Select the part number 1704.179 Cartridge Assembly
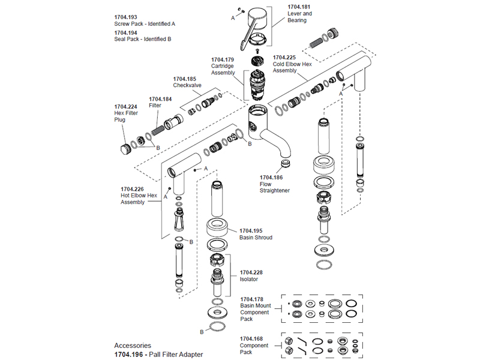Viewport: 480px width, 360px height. click(222, 59)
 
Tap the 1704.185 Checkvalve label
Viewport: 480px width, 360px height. click(184, 79)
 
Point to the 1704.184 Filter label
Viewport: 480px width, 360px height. click(160, 98)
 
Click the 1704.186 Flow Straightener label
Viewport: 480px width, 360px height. click(271, 178)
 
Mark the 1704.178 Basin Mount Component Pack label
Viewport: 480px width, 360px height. click(252, 299)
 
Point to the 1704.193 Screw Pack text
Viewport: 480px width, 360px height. click(125, 17)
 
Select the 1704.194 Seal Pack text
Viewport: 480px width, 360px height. click(125, 32)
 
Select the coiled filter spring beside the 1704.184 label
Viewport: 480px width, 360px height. click(158, 127)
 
